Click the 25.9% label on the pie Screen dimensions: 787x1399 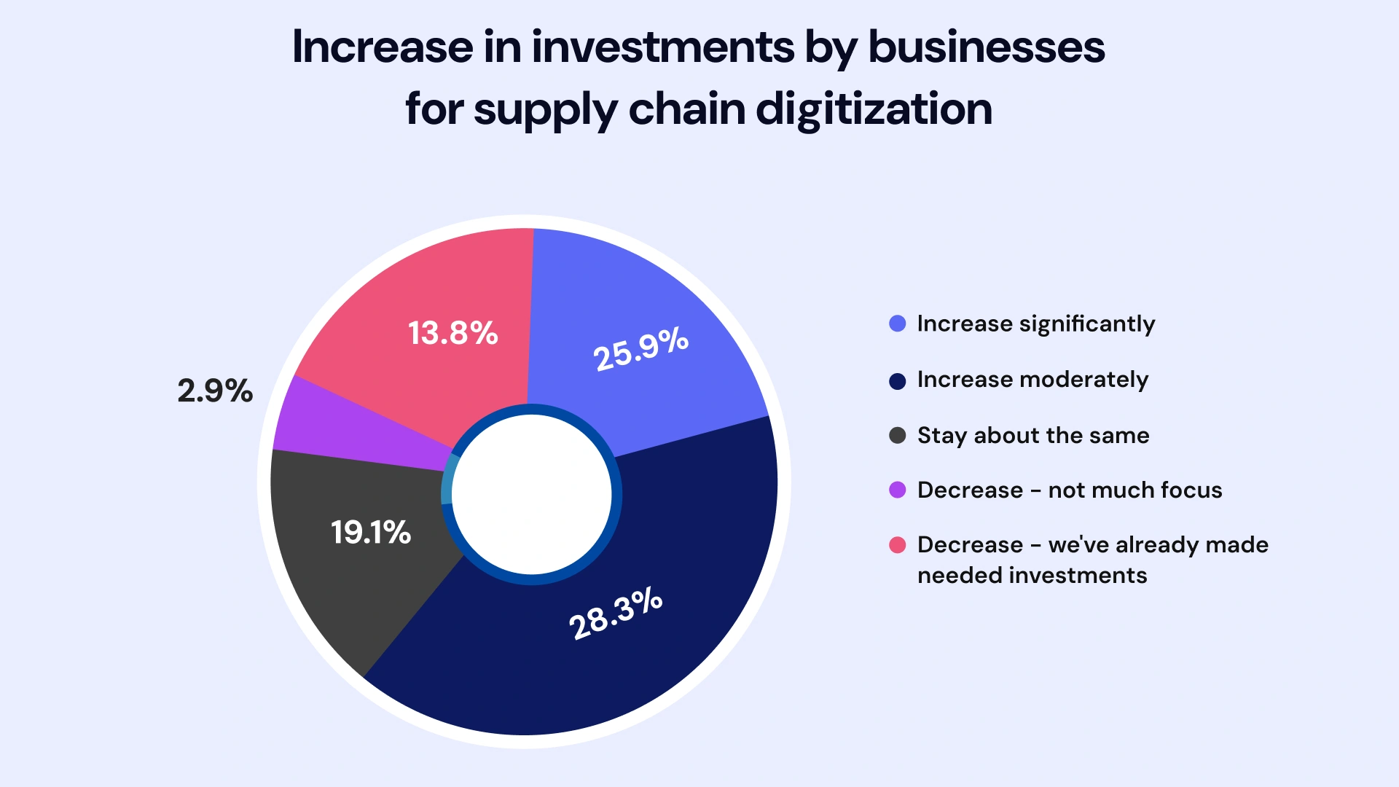point(641,349)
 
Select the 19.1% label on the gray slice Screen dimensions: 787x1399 point(371,532)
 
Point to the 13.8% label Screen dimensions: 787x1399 point(452,333)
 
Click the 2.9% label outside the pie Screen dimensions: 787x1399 point(215,391)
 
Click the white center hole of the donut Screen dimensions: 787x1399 point(532,494)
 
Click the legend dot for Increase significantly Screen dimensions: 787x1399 point(898,324)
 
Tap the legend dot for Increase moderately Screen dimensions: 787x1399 point(898,380)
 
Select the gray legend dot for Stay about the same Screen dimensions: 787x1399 point(898,435)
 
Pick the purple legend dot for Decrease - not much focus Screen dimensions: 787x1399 point(898,490)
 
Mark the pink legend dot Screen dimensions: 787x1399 point(898,544)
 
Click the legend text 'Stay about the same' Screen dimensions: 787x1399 point(1033,435)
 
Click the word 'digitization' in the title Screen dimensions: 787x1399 point(874,109)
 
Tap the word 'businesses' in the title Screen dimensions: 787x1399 point(987,47)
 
